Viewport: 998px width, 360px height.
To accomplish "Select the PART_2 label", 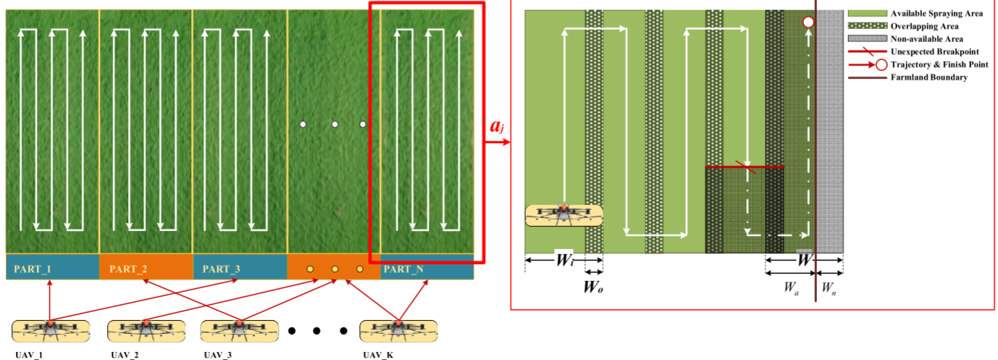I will click(127, 269).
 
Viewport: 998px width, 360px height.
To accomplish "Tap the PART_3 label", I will click(220, 269).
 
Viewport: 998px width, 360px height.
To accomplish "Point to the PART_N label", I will click(404, 269).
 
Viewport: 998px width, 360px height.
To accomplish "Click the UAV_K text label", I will click(378, 355).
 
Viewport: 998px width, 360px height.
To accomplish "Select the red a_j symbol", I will click(497, 127).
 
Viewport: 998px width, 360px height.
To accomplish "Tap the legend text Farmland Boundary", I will click(928, 78).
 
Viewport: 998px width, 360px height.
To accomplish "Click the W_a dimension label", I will click(791, 287).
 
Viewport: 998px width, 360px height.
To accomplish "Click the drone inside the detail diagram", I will click(563, 214).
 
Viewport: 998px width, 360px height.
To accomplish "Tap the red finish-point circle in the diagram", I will click(808, 22).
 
